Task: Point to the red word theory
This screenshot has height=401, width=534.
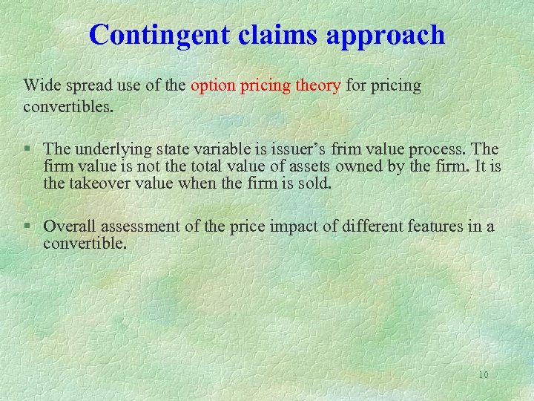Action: (317, 87)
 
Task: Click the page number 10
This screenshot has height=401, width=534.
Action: (484, 375)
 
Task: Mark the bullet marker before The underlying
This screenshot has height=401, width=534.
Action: (27, 149)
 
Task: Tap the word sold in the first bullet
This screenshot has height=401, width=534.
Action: (311, 182)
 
